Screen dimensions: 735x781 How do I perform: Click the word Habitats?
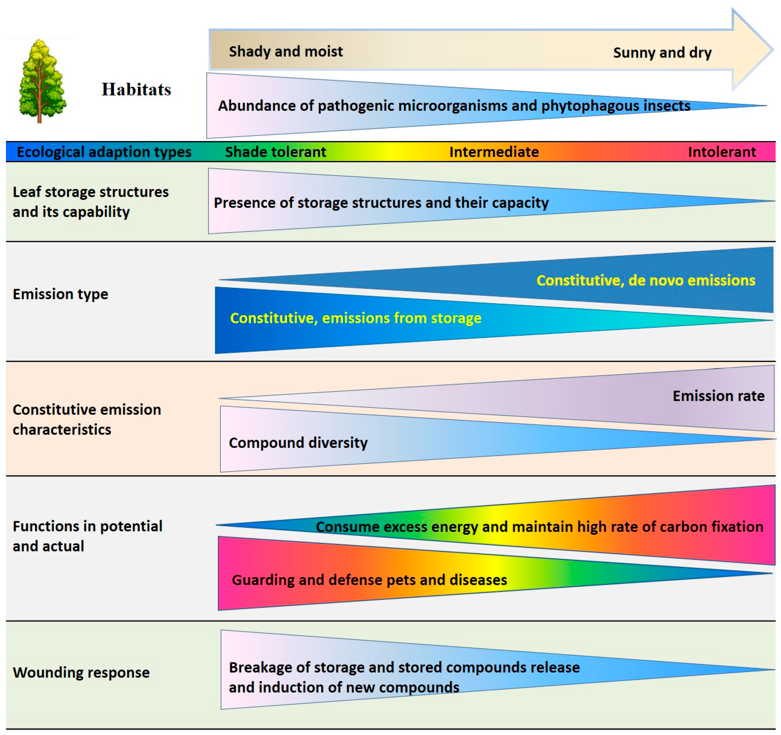[x=136, y=90]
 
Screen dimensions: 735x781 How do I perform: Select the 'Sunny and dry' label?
[x=662, y=53]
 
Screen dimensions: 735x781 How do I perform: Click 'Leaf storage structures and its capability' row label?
[x=90, y=202]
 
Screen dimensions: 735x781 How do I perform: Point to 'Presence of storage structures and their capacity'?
[x=381, y=203]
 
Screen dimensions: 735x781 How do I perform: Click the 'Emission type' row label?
[x=60, y=294]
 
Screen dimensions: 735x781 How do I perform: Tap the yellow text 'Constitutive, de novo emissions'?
[x=645, y=280]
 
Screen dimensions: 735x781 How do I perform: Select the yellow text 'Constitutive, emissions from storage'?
[x=356, y=318]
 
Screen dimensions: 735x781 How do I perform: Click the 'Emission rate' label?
[x=719, y=396]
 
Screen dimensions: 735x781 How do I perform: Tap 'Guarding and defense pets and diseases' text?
[x=369, y=580]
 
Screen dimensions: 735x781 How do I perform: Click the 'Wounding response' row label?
[x=81, y=672]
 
